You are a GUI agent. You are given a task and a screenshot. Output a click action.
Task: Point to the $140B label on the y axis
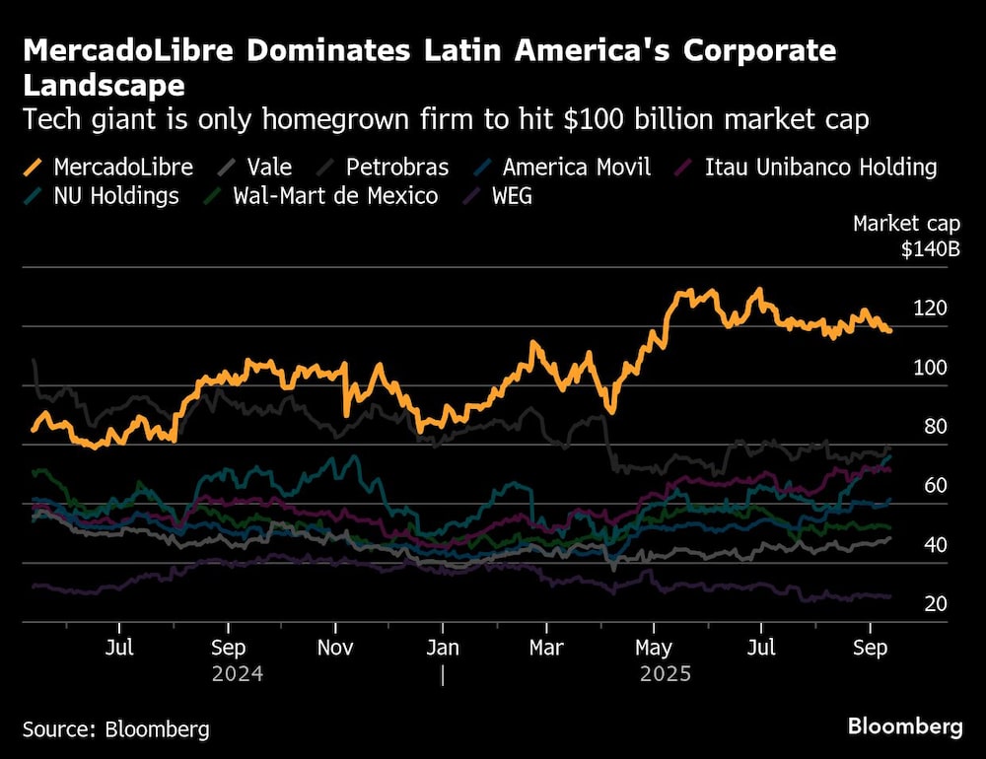click(930, 249)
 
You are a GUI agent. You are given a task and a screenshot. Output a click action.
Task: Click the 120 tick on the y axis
click(930, 309)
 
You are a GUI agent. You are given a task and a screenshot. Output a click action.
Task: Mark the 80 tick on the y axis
click(936, 427)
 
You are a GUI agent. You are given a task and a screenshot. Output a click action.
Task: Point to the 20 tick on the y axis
click(936, 603)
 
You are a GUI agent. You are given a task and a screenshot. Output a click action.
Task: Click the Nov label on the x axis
click(336, 649)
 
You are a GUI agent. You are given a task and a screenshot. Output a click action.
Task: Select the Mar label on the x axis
click(547, 649)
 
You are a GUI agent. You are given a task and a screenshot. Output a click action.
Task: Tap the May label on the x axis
click(653, 649)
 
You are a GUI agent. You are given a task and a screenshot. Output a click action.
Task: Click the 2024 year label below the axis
click(238, 675)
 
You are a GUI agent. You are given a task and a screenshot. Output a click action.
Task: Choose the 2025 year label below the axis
click(666, 675)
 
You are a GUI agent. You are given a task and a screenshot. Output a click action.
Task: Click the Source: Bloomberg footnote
click(116, 729)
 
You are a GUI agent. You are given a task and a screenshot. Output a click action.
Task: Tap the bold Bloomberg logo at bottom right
click(905, 727)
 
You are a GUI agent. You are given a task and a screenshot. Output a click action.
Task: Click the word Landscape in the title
click(104, 86)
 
